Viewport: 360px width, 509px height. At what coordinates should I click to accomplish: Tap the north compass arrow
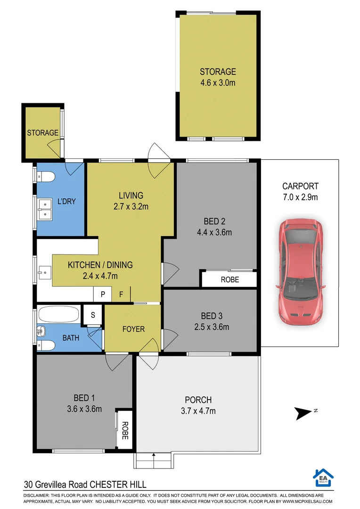[x=302, y=413]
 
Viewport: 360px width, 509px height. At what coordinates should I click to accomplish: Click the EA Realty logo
[x=323, y=477]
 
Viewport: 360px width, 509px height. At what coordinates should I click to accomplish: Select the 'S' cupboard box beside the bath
[x=92, y=315]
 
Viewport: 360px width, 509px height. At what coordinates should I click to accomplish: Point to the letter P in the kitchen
[x=102, y=295]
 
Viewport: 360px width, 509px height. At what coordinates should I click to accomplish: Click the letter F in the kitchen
[x=121, y=295]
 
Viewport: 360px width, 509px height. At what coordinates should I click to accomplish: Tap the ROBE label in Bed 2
[x=229, y=279]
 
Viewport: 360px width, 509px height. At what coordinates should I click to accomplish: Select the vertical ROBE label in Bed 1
[x=125, y=430]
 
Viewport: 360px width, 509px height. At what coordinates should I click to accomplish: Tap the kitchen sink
[x=46, y=271]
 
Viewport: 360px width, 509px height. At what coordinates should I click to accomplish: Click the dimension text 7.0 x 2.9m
[x=300, y=197]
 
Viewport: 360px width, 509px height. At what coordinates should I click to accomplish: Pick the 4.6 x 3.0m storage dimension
[x=217, y=83]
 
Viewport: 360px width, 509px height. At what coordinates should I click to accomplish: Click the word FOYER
[x=133, y=329]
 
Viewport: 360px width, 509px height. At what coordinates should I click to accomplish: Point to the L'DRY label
[x=66, y=201]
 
